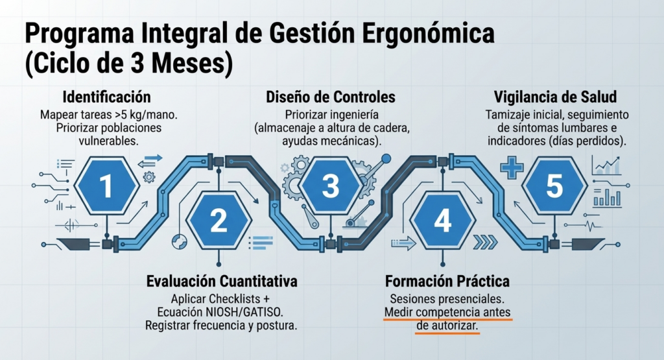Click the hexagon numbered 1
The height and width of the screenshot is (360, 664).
click(107, 186)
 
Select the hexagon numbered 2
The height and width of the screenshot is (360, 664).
click(219, 221)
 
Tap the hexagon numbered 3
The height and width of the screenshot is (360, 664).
click(330, 186)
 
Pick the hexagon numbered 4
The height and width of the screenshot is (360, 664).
click(442, 221)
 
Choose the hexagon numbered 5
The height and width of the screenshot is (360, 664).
click(554, 186)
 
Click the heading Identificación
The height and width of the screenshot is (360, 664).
click(107, 97)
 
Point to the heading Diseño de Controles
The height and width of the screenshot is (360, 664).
click(331, 97)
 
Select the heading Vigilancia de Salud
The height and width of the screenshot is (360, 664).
click(555, 97)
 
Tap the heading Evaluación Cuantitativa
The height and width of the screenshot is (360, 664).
click(222, 282)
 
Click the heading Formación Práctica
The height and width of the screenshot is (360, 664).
click(447, 282)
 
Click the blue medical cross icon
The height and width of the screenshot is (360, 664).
click(512, 168)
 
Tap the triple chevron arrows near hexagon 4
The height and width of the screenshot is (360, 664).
click(485, 242)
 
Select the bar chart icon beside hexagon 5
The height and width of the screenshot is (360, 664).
click(607, 197)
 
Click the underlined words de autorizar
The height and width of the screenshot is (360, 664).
click(447, 326)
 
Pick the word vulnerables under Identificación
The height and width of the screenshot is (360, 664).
click(108, 141)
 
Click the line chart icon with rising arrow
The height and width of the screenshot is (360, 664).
click(607, 165)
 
